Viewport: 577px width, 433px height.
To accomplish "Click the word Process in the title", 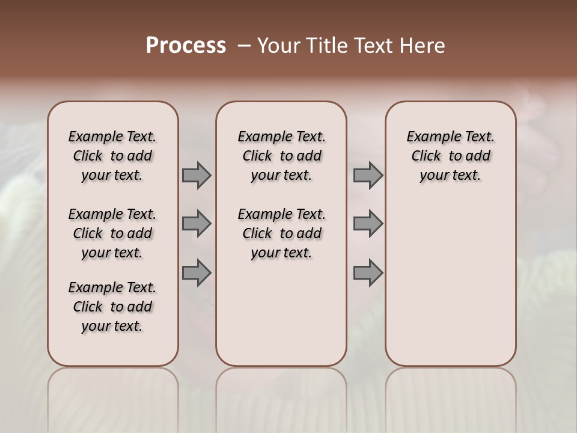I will point(186,45).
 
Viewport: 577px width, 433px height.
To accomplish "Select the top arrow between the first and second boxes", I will point(197,175).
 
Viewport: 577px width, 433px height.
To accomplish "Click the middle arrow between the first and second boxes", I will point(197,224).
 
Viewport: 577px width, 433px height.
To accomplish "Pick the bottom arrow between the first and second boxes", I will point(197,273).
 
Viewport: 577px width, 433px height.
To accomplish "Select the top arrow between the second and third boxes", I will point(368,175).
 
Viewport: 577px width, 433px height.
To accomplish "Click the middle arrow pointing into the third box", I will point(368,224).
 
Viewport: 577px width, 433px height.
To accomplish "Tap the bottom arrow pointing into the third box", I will point(368,273).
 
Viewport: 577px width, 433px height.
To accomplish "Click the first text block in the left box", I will point(112,156).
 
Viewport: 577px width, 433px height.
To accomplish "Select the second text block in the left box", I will point(112,233).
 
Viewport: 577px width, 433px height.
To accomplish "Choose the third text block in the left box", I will point(112,307).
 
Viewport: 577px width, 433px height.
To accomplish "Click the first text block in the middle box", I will point(281,156).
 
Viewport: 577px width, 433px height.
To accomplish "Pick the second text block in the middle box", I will point(281,233).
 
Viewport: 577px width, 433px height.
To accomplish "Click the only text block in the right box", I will point(450,156).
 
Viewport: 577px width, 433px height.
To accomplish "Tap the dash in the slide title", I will point(243,45).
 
